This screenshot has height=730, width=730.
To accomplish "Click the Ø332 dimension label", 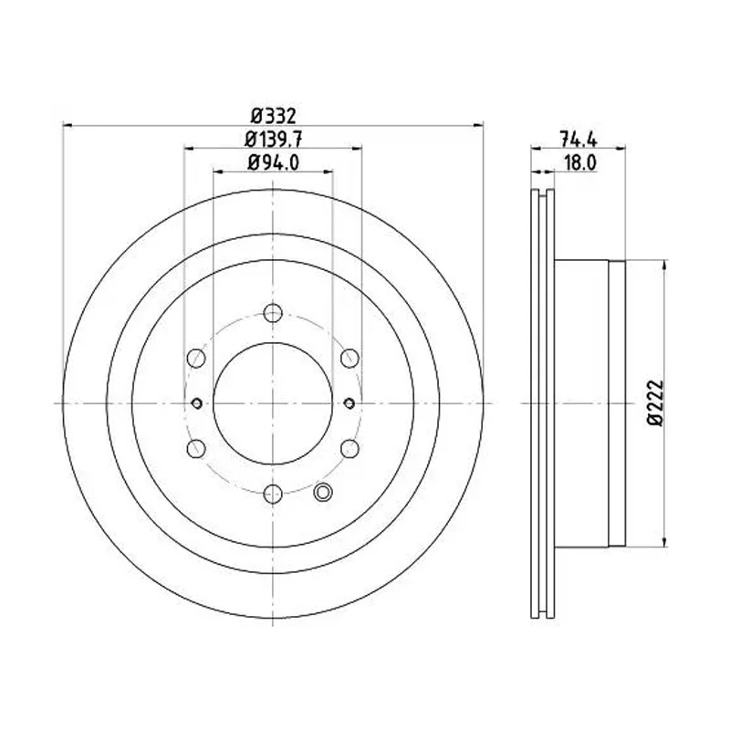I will [274, 116].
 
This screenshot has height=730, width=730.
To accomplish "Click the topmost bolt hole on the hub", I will [271, 314].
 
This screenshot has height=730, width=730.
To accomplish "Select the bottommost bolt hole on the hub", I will [271, 494].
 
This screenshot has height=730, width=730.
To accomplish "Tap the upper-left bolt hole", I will [194, 359].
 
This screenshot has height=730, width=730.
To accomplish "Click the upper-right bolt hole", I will [349, 359].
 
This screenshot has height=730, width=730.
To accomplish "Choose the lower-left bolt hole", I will [194, 448].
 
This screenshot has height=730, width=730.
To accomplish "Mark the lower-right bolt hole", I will [349, 448].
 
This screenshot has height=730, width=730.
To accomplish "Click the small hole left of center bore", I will [198, 402].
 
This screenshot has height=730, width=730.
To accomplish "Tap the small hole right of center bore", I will [350, 402].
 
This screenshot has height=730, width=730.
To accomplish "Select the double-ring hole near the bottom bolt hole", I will [321, 494].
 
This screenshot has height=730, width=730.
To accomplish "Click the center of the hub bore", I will [272, 402].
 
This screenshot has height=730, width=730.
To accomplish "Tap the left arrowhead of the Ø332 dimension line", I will [66, 127].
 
